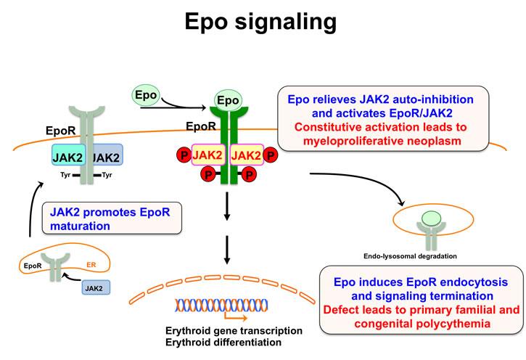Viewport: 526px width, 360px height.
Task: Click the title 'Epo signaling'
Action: coord(262,22)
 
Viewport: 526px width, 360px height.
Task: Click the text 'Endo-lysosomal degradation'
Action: coord(411,255)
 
